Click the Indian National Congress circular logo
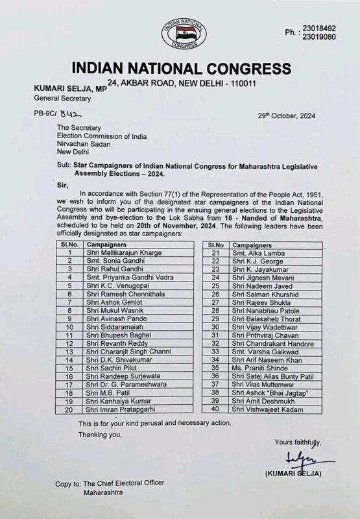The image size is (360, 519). click(180, 30)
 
